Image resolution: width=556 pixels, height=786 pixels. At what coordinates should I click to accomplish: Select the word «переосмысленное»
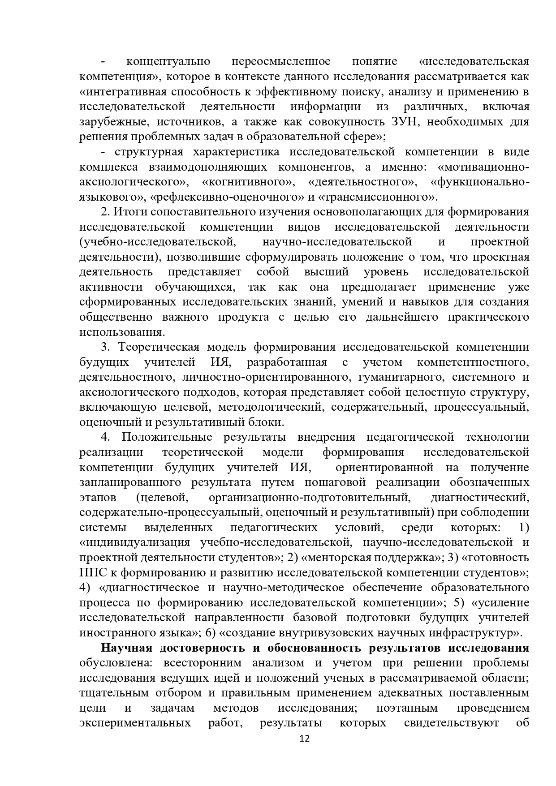click(x=281, y=61)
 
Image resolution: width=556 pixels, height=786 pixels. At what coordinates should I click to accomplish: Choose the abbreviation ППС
click(x=91, y=573)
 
